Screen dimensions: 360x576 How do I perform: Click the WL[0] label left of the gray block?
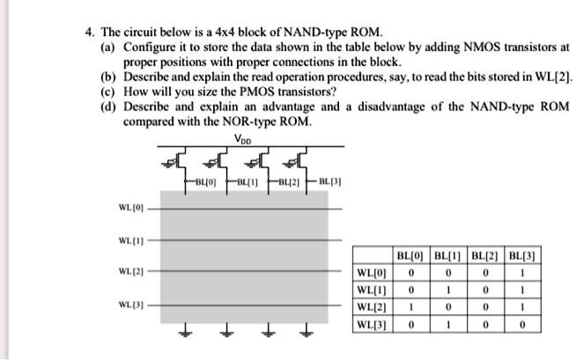coord(129,209)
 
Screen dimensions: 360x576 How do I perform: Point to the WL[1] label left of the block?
coord(129,239)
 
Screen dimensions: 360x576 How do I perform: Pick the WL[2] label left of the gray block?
coord(129,271)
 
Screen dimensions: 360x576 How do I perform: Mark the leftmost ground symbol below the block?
coord(186,333)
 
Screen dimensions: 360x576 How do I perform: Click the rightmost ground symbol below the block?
coord(307,333)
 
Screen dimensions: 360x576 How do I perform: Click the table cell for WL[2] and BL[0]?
coord(411,306)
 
